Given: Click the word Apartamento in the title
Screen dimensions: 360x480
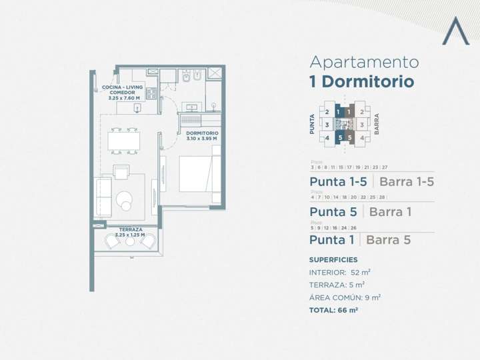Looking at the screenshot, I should click(364, 63).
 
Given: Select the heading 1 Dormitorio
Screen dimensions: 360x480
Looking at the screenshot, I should click(361, 82).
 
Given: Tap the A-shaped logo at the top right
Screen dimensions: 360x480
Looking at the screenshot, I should click(456, 31).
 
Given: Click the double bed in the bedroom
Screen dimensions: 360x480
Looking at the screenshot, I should click(199, 173).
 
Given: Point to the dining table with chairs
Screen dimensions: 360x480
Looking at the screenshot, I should click(125, 140).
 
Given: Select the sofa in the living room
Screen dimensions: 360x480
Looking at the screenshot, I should click(103, 197).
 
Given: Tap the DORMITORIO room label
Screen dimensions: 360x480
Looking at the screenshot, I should click(202, 133).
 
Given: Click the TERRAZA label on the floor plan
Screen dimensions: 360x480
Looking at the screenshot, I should click(130, 229).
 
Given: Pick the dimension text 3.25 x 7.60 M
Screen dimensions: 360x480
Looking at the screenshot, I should click(124, 98).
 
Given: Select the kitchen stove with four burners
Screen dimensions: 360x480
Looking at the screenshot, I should click(151, 93).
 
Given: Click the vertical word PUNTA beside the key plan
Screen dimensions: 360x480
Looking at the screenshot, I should click(312, 124).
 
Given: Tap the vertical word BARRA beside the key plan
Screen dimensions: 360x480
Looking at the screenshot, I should click(377, 124).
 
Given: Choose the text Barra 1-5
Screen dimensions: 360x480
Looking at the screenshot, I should click(407, 182).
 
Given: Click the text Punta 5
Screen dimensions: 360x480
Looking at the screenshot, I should click(333, 212).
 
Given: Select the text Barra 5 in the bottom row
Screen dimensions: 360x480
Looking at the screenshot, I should click(389, 240).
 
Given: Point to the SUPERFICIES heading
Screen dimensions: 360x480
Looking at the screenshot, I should click(333, 260).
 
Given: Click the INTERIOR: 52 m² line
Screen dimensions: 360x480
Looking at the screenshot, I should click(340, 273).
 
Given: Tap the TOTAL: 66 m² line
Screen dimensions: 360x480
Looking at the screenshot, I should click(334, 310).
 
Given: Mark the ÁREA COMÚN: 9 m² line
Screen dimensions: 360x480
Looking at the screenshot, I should click(345, 297).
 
